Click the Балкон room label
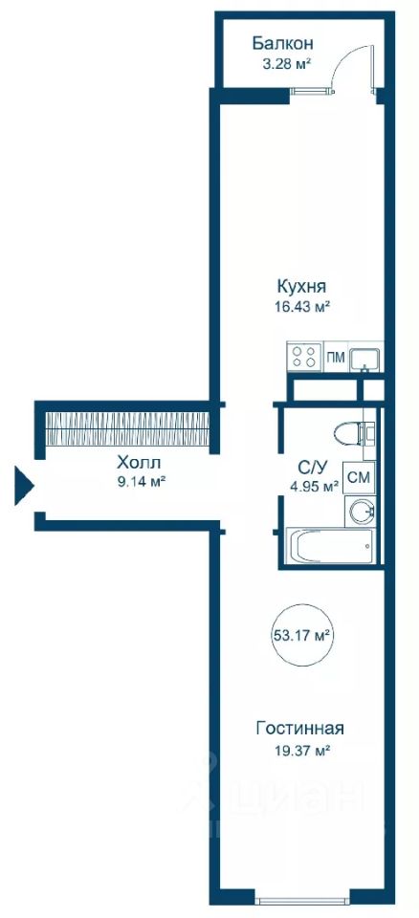pos(282,43)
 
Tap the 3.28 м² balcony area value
pos(285,63)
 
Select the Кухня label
pos(301,287)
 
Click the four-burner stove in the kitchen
pos(305,357)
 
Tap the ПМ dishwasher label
pos(336,357)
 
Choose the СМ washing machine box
pos(359,477)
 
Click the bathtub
pos(330,546)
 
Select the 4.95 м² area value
pos(314,486)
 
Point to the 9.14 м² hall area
pos(139,482)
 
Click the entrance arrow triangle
pos(24,485)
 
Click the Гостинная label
pos(300,729)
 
